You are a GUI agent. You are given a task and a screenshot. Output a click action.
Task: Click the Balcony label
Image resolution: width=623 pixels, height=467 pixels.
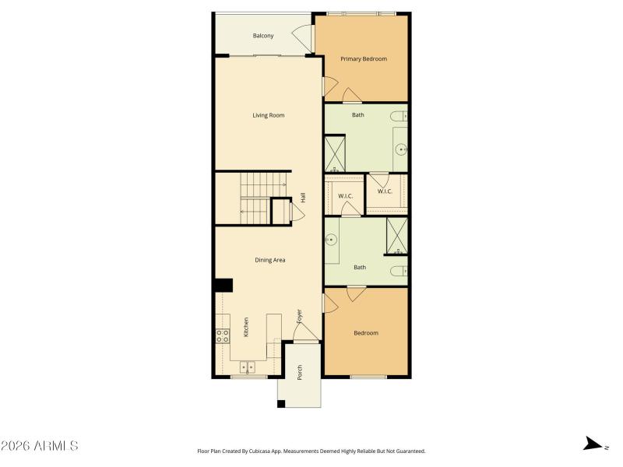(263, 36)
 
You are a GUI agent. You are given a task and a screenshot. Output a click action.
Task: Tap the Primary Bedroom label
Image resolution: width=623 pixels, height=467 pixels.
(363, 59)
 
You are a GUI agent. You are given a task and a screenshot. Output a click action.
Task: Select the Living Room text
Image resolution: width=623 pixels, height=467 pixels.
(268, 115)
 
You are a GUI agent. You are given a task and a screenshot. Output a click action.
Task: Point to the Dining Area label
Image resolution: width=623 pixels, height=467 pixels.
(269, 260)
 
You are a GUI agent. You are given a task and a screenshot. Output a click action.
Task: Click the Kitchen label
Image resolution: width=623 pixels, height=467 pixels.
(246, 327)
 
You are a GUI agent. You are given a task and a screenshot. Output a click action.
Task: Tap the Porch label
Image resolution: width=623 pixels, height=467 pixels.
(300, 373)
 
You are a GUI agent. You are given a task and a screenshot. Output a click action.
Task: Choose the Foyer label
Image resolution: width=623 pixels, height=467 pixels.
(299, 316)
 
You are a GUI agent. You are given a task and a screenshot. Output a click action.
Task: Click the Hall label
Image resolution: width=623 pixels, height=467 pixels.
(303, 198)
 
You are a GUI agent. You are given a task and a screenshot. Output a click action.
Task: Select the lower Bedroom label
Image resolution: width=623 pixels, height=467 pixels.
(366, 333)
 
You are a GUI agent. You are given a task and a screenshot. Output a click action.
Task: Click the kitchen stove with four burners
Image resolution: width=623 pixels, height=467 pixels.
(223, 336)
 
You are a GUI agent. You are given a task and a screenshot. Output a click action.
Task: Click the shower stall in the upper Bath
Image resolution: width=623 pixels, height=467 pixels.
(334, 153)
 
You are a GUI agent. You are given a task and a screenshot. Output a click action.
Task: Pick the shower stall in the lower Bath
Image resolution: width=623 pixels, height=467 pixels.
(397, 237)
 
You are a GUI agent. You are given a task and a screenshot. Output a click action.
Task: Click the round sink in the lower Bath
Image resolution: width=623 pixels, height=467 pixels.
(332, 240)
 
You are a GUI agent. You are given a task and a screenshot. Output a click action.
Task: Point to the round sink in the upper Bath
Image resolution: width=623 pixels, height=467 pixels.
(401, 148)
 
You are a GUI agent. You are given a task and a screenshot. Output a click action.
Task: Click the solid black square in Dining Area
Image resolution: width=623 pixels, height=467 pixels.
(224, 285)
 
